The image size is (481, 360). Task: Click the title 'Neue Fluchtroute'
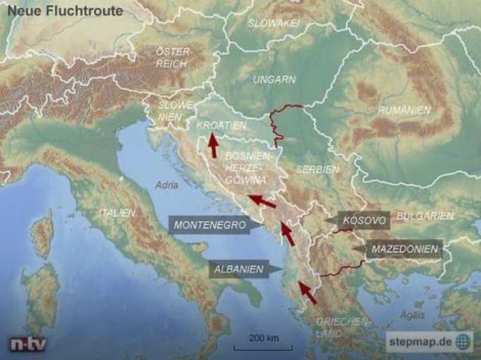(x=65, y=11)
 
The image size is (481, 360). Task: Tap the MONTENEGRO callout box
(x=210, y=226)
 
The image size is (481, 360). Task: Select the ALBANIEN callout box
(x=238, y=269)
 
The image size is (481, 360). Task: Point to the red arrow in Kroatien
(x=213, y=146)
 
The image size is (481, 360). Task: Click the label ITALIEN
(x=117, y=213)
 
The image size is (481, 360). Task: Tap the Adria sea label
(x=167, y=185)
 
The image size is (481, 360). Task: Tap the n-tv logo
(x=28, y=344)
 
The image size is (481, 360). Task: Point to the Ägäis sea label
(x=413, y=315)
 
